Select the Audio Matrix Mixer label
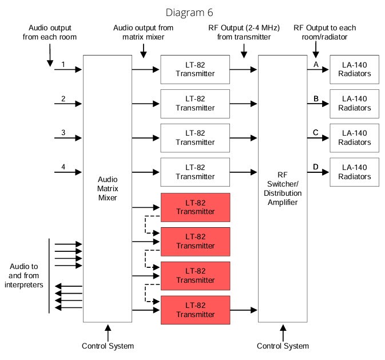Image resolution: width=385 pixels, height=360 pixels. coord(108,188)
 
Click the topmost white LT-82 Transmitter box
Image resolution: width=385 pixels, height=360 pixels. coord(195,69)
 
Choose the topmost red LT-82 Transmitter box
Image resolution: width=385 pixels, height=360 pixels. coord(195,207)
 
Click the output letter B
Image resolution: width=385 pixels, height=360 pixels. coord(316,99)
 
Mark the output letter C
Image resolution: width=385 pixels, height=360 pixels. coord(316,133)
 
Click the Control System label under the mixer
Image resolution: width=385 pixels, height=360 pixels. coord(108,346)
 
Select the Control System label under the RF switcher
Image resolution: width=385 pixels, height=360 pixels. coord(283,346)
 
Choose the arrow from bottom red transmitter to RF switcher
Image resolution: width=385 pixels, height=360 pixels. coord(244,310)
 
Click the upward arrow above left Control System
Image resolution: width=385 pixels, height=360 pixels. coord(108,330)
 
